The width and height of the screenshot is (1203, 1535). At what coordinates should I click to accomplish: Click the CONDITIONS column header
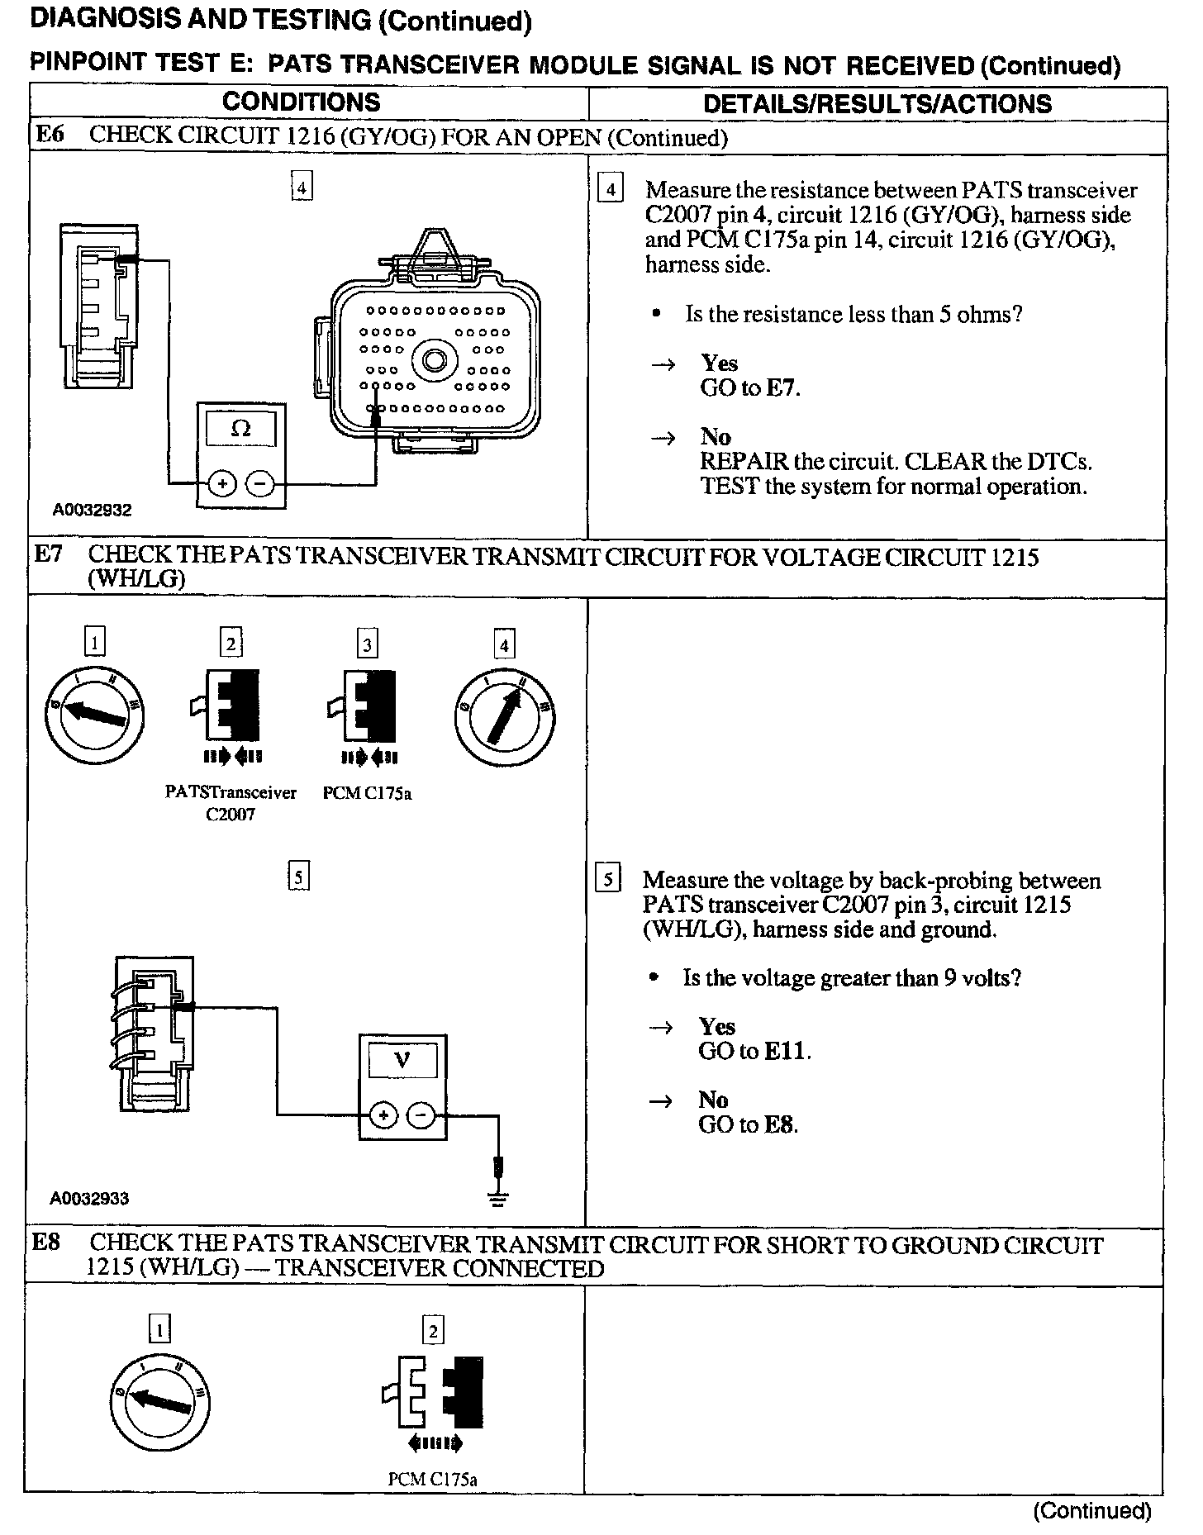[x=302, y=102]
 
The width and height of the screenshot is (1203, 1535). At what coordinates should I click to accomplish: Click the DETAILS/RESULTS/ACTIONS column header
[x=877, y=104]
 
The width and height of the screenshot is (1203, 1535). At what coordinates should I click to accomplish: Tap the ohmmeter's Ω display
[x=241, y=429]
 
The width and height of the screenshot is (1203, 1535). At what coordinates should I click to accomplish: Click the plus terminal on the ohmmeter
[x=221, y=483]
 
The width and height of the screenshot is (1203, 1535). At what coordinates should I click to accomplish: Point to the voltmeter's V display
[x=402, y=1059]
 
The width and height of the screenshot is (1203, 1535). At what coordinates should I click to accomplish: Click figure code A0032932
[x=92, y=511]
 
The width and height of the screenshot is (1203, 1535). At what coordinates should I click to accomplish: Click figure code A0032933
[x=89, y=1199]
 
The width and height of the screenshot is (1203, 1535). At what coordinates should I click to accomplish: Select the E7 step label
[x=49, y=554]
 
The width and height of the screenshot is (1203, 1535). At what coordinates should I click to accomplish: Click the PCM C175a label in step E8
[x=432, y=1480]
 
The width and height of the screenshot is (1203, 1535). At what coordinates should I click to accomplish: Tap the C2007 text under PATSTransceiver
[x=231, y=815]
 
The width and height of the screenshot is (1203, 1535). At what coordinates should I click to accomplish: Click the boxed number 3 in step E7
[x=368, y=644]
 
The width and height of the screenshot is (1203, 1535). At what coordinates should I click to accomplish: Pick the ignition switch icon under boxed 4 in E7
[x=504, y=716]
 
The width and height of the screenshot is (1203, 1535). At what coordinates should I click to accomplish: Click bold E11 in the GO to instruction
[x=787, y=1051]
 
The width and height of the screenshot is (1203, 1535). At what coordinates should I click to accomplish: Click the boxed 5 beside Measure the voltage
[x=607, y=879]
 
